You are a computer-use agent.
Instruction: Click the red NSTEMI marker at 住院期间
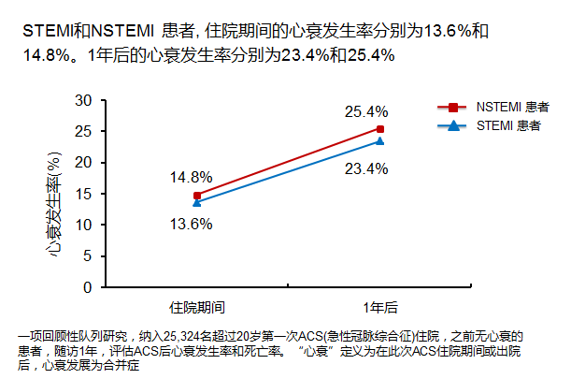197,196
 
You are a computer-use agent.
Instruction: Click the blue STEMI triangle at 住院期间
197,202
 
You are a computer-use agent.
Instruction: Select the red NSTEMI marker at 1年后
380,129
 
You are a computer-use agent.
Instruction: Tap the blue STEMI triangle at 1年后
380,141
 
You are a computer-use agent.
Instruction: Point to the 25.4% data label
366,111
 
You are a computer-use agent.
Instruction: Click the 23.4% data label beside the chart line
366,168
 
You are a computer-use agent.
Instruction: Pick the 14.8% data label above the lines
191,177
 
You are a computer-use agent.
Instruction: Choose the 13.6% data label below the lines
191,224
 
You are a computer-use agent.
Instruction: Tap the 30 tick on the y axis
83,100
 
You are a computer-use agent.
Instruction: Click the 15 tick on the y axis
83,194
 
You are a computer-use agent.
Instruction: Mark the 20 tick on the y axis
83,163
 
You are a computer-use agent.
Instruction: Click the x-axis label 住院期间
197,306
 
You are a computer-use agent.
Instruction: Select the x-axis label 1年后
380,306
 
